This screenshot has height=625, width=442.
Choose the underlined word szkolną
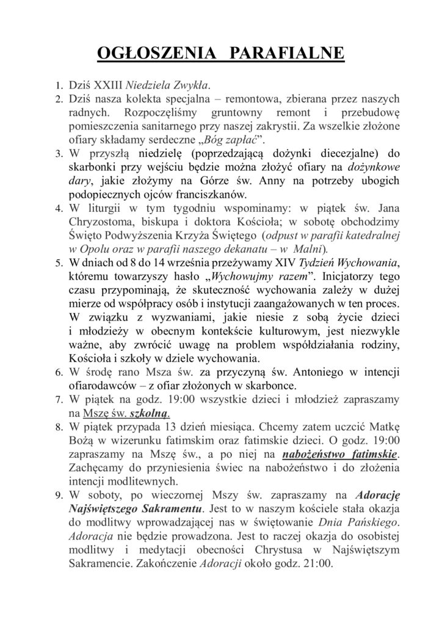[148, 413]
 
